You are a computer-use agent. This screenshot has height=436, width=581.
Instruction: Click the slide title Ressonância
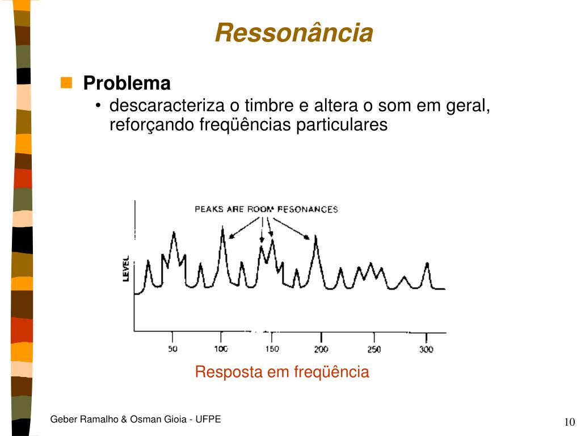point(294,32)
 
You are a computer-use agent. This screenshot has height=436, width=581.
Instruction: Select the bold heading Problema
point(127,83)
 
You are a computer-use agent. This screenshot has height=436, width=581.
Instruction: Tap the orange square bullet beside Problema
point(66,82)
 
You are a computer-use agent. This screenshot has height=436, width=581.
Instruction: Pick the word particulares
point(342,124)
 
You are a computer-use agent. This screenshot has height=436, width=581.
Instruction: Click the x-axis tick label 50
point(172,349)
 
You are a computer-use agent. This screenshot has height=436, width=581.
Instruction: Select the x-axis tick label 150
point(272,349)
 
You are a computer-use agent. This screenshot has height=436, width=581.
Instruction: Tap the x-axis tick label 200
point(321,349)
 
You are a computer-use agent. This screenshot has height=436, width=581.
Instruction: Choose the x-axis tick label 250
point(374,349)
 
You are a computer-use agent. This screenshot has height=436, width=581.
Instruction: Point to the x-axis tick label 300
point(426,349)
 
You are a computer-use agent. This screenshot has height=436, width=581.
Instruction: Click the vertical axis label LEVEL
point(126,269)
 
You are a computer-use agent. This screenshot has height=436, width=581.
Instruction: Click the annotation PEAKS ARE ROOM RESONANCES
point(267,209)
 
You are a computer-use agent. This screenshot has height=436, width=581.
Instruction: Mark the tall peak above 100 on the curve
point(222,227)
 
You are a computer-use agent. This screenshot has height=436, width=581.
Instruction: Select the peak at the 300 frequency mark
point(427,263)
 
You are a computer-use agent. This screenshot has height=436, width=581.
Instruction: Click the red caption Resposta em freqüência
point(282,372)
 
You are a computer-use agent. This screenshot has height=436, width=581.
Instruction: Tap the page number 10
point(570,422)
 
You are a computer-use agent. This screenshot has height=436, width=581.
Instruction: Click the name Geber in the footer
point(64,420)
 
